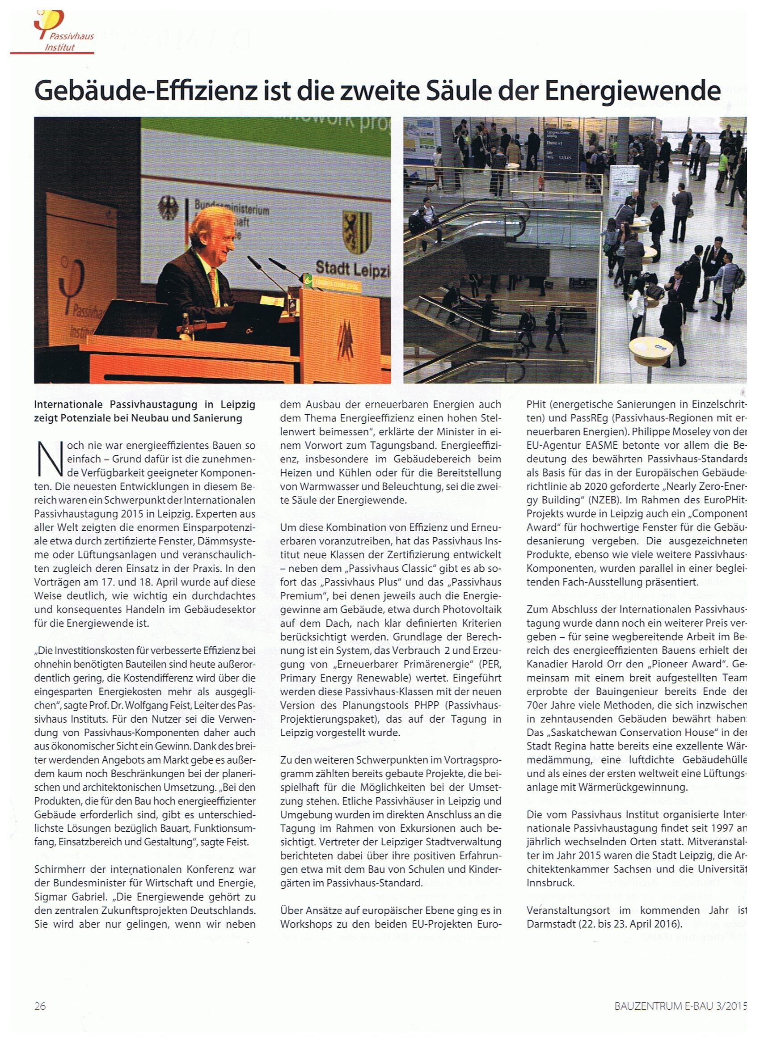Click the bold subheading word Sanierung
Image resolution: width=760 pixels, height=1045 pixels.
pyautogui.click(x=219, y=418)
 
